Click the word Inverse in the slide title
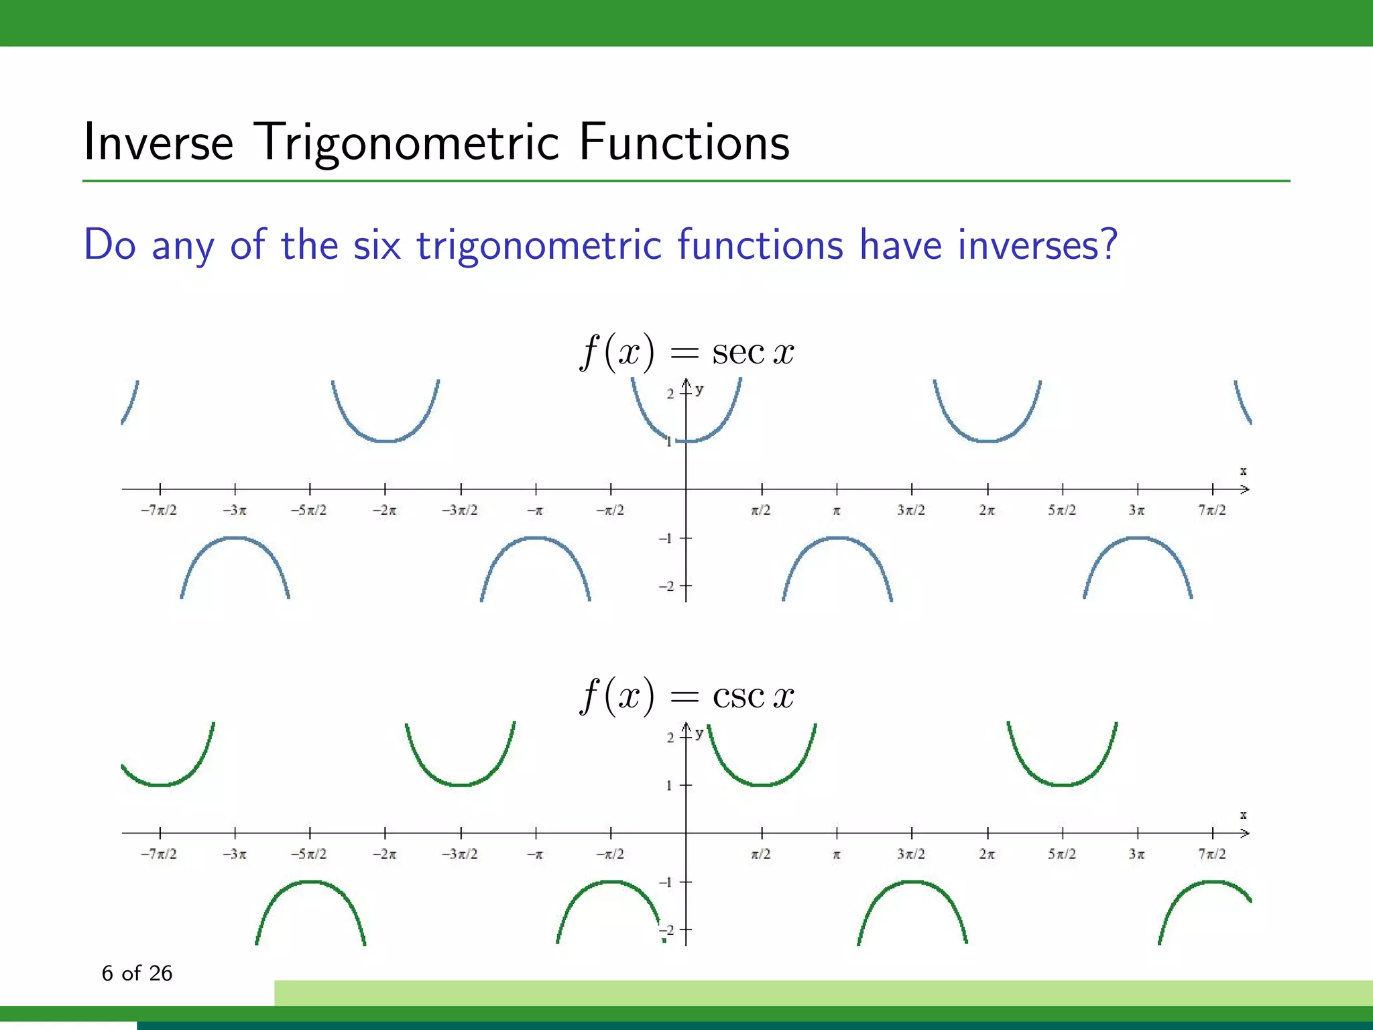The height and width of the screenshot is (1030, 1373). (x=158, y=142)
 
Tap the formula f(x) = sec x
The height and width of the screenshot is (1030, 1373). (x=686, y=351)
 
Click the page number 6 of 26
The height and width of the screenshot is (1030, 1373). (x=137, y=973)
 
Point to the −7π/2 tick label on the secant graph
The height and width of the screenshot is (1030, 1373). (x=159, y=510)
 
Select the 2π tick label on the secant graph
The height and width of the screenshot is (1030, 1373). (x=987, y=510)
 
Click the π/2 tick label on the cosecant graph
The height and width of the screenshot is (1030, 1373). (x=761, y=854)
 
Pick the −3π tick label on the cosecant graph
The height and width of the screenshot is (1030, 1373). (x=235, y=854)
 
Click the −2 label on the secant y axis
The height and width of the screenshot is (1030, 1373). (x=666, y=586)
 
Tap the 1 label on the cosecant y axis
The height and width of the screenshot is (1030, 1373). (x=669, y=785)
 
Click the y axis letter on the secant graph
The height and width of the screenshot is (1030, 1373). (x=699, y=390)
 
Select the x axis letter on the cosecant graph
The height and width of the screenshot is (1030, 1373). (x=1243, y=815)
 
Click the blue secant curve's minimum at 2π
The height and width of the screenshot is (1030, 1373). (x=988, y=441)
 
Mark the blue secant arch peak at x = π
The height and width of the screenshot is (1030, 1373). (x=837, y=538)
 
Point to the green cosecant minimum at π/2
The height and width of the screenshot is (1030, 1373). (x=762, y=785)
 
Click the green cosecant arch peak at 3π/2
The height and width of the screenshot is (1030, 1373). (x=912, y=882)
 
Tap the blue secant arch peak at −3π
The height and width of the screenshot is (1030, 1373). (x=235, y=538)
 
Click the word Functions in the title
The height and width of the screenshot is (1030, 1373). (x=684, y=142)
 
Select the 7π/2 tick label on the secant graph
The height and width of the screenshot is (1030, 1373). (x=1212, y=510)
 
